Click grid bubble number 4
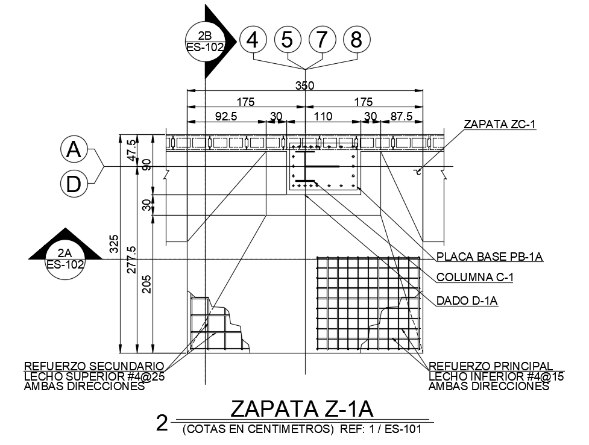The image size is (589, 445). [253, 40]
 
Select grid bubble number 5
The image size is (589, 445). [288, 40]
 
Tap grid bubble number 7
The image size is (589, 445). [322, 40]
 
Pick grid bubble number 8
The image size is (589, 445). [356, 40]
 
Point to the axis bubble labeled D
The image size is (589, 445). [74, 184]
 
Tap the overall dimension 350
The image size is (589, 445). [304, 86]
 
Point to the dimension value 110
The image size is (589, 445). [323, 116]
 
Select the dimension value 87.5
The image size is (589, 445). [402, 116]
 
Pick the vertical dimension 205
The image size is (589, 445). [146, 284]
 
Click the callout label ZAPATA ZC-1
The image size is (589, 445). [499, 125]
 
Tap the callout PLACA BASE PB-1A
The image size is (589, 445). [490, 257]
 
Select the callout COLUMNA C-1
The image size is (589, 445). [474, 278]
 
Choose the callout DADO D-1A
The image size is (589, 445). [467, 300]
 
